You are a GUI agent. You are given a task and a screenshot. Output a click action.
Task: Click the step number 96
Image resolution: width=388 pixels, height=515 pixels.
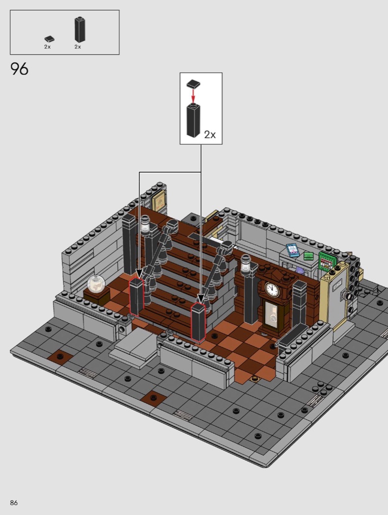coord(20,69)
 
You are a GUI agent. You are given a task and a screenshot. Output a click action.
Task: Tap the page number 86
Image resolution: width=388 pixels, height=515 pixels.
coord(14,503)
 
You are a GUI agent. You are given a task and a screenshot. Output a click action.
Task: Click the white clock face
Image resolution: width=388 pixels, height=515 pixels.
coord(273,290)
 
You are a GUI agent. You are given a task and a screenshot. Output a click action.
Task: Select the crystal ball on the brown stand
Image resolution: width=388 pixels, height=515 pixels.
coord(96,284)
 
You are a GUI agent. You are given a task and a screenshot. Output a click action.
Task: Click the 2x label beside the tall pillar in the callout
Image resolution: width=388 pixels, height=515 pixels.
coord(210,135)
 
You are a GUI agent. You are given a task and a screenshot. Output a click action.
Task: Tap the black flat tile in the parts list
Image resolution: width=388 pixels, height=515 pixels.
coord(49,39)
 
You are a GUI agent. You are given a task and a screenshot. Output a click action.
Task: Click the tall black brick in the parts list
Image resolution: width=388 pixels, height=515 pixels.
coord(80,29)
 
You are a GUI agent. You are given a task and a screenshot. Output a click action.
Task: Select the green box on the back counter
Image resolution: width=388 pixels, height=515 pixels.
coord(308,256)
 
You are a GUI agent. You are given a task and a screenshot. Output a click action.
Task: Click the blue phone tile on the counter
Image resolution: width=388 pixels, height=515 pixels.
coord(292,250)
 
